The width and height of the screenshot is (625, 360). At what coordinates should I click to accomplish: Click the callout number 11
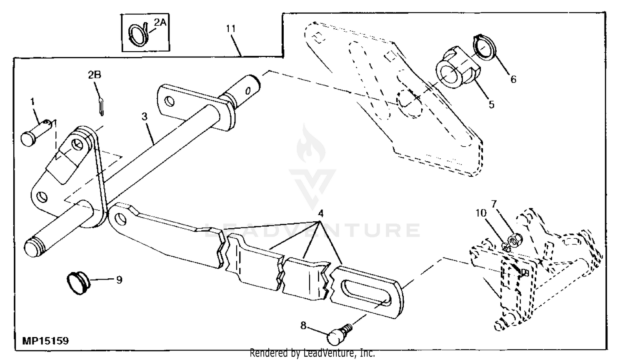[231, 29]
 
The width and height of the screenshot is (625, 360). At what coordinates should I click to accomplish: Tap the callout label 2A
[160, 22]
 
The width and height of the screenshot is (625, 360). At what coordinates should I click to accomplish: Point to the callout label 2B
[95, 75]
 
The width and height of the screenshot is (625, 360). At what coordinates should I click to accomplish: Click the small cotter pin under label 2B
[102, 105]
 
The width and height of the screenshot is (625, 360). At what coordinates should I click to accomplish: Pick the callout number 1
[32, 101]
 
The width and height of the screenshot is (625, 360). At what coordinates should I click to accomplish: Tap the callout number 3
[144, 117]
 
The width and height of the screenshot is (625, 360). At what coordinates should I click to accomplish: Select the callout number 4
[320, 214]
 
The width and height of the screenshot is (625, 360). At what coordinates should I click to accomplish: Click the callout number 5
[491, 105]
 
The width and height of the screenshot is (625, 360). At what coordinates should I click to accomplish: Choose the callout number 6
[513, 79]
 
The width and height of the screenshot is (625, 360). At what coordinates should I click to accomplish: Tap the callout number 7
[494, 204]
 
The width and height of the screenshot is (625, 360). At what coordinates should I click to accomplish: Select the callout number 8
[303, 325]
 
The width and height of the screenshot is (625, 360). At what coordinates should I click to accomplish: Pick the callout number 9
[119, 280]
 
